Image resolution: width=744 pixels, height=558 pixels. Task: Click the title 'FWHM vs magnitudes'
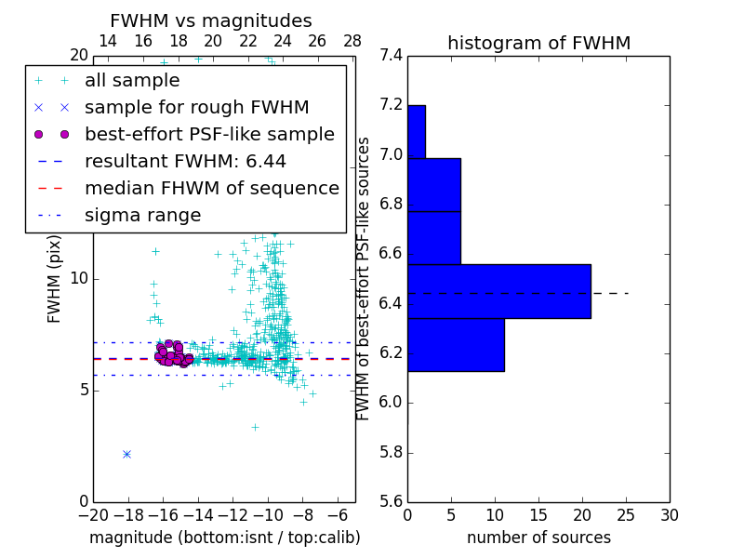pyautogui.click(x=211, y=21)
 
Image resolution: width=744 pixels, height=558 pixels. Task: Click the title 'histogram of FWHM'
pyautogui.click(x=538, y=43)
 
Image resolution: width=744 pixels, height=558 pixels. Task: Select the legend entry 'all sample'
pyautogui.click(x=132, y=81)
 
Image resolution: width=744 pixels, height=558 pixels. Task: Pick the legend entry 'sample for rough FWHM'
pyautogui.click(x=196, y=107)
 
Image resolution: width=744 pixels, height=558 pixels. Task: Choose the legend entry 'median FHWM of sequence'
pyautogui.click(x=211, y=188)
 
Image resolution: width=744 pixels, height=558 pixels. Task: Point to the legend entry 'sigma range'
pyautogui.click(x=142, y=215)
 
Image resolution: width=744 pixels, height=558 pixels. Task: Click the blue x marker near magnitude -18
pyautogui.click(x=126, y=454)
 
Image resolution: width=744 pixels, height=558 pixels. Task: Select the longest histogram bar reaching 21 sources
pyautogui.click(x=498, y=291)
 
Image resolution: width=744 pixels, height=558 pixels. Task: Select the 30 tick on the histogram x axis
pyautogui.click(x=669, y=515)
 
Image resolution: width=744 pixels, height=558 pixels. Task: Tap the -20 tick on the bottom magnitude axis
pyautogui.click(x=93, y=515)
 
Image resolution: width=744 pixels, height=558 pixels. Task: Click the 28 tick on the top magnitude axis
pyautogui.click(x=352, y=41)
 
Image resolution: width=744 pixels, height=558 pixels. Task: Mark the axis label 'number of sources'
pyautogui.click(x=538, y=538)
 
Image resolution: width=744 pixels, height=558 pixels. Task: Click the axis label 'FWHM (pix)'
pyautogui.click(x=55, y=278)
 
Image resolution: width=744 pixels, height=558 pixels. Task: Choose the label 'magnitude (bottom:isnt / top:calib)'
pyautogui.click(x=224, y=538)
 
